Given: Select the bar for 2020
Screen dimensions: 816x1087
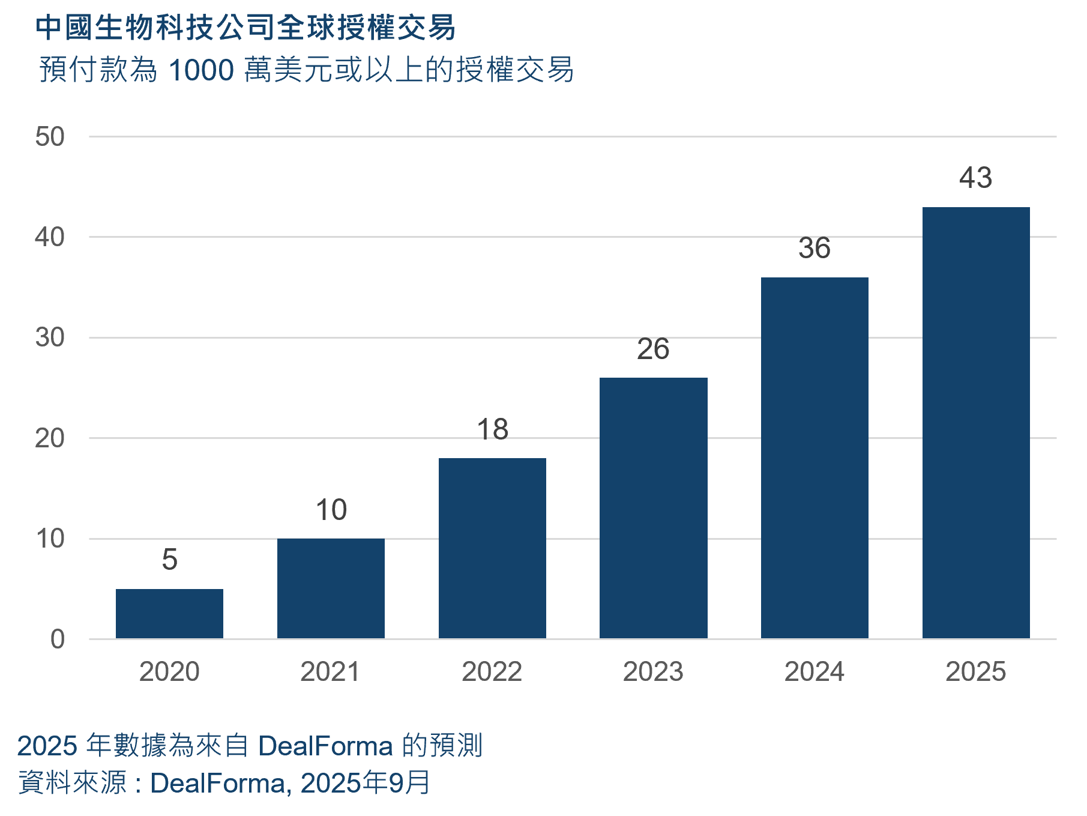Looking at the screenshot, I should point(169,614).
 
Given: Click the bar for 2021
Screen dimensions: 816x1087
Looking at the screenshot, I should point(331,588).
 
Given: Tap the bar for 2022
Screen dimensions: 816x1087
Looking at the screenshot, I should point(492,548).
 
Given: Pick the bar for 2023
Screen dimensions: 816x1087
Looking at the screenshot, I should point(653,508).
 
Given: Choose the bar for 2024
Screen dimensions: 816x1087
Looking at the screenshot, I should point(814,458).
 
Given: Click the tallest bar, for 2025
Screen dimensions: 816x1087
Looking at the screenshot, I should point(976,423).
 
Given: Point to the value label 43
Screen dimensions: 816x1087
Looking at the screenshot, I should point(975,178).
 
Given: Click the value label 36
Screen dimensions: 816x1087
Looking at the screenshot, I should point(814,249).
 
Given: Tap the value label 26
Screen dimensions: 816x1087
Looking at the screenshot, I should point(653,349).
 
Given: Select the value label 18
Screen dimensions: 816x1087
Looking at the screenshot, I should point(492,429).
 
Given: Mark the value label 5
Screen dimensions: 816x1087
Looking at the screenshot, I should point(169,560).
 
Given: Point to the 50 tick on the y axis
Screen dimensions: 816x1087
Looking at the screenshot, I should point(50,137).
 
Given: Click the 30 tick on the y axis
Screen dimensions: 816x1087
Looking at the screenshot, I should point(50,338).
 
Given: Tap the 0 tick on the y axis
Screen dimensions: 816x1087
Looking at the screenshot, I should point(58,639).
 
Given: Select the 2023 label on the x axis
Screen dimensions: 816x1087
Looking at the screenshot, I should point(653,671).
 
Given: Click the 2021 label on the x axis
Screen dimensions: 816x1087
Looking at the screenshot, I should point(331,671).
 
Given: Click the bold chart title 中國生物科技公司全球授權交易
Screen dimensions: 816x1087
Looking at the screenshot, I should point(245,28).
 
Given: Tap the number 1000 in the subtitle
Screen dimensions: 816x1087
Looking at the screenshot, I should point(201,70).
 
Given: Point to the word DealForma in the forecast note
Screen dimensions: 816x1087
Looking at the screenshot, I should point(325,746).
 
